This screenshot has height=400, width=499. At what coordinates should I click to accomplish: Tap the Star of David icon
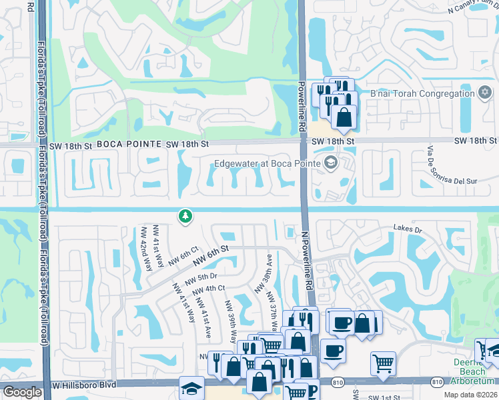(485, 93)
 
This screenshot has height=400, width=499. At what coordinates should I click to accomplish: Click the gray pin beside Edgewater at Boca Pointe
(330, 163)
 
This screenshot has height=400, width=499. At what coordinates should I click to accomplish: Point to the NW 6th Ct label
(183, 257)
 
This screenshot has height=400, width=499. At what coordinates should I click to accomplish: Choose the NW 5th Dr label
(203, 277)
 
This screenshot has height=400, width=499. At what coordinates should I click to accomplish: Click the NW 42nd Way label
(144, 246)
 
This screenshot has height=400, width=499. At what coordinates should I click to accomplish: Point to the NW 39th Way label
(231, 321)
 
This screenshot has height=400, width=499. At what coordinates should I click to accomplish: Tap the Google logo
(22, 392)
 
